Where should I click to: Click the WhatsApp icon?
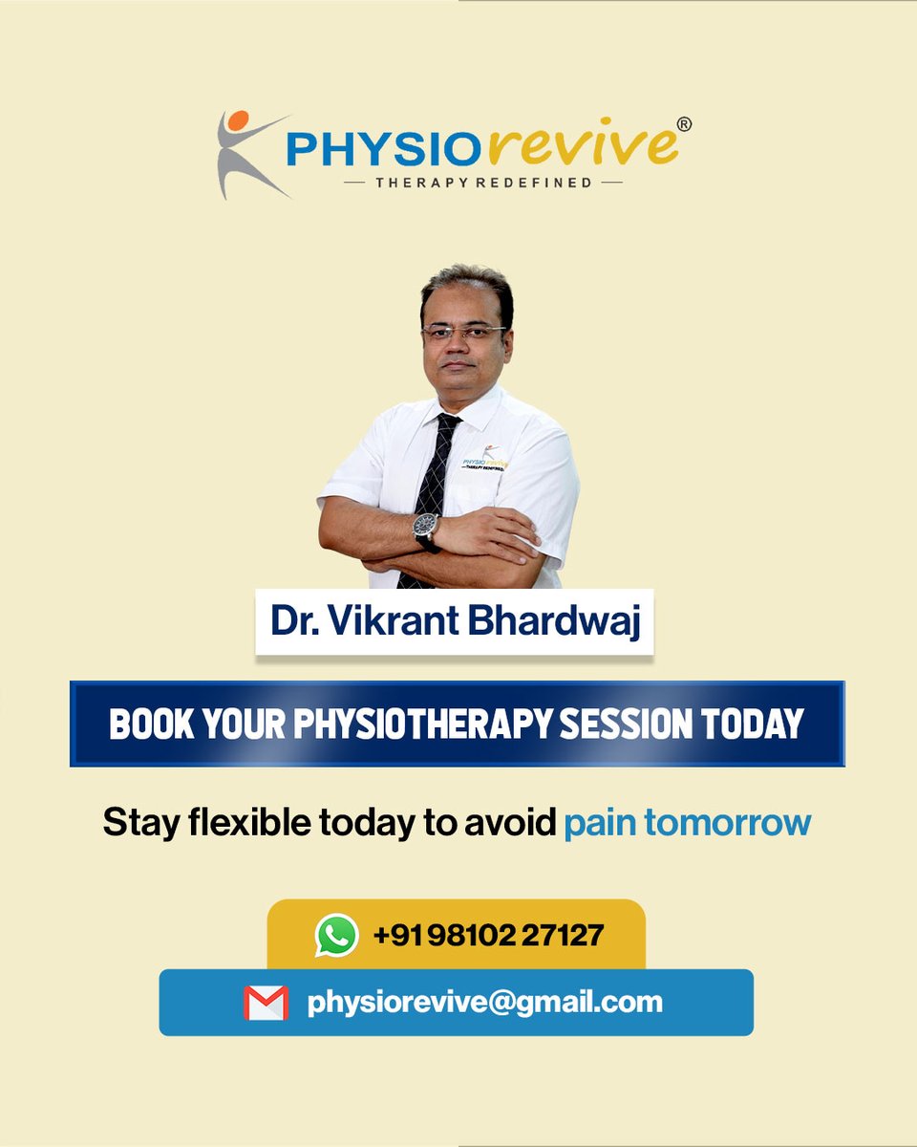(336, 935)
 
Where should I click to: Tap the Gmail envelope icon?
(266, 1003)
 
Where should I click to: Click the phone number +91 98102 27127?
(488, 934)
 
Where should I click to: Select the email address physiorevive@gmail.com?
(484, 1002)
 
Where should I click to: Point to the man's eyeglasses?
(463, 333)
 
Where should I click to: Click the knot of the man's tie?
(447, 423)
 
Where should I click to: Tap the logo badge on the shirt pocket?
(483, 460)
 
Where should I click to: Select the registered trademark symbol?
(684, 124)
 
